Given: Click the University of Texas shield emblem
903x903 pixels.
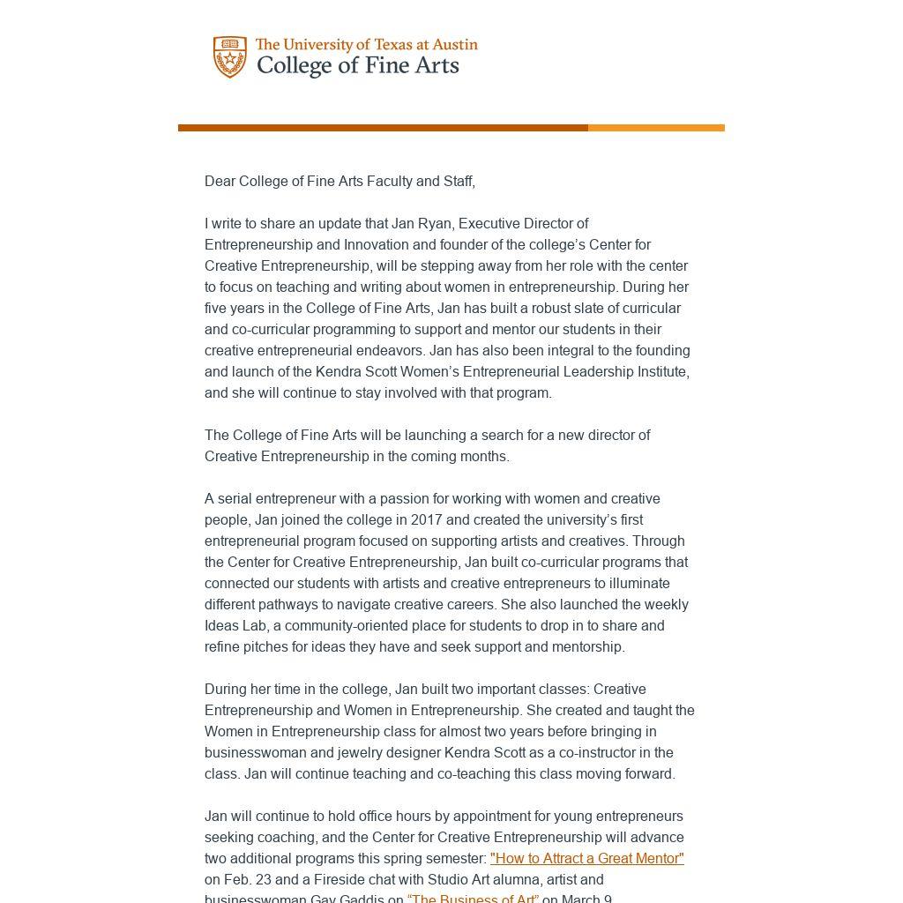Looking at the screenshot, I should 229,56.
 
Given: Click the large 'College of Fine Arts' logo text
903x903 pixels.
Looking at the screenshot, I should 357,66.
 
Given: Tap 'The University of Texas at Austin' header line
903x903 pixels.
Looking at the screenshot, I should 366,44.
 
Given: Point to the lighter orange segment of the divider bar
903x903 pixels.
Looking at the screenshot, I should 656,128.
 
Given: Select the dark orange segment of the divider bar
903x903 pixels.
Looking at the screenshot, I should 383,128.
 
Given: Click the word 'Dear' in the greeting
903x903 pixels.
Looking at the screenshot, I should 220,182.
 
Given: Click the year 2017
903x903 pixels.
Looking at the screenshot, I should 427,520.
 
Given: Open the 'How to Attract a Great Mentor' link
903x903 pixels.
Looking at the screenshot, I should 586,859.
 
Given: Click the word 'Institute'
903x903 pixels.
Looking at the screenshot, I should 660,372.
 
